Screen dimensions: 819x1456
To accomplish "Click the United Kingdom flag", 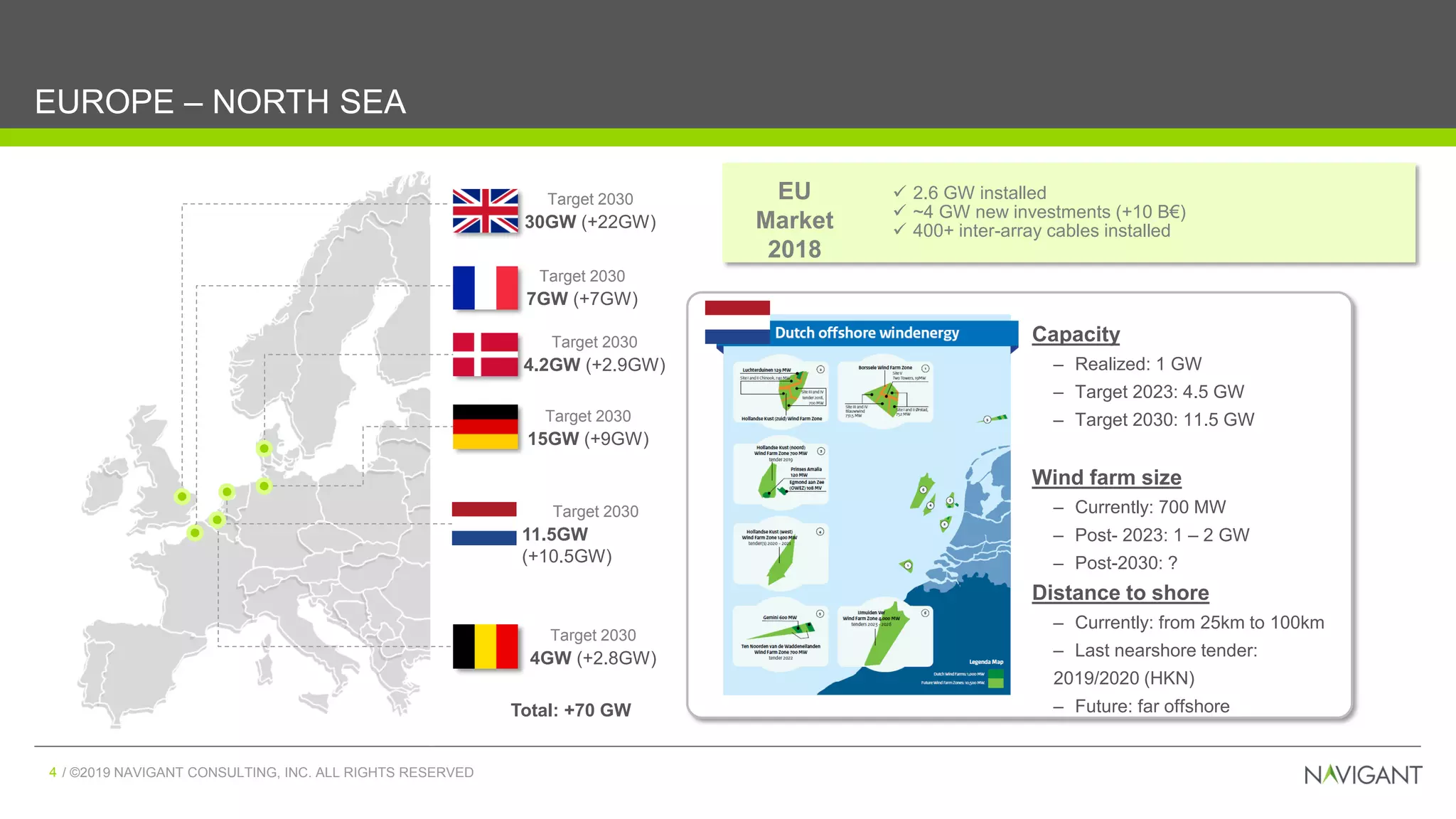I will pyautogui.click(x=486, y=211).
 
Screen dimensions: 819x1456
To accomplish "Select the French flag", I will pyautogui.click(x=486, y=288).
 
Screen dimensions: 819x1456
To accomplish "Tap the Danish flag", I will pyautogui.click(x=486, y=354).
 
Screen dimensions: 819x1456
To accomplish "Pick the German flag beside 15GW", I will pyautogui.click(x=486, y=427).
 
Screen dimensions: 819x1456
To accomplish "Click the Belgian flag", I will pyautogui.click(x=486, y=646).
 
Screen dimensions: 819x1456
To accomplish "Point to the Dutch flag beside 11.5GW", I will pyautogui.click(x=484, y=523).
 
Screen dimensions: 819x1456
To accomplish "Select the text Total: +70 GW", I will pyautogui.click(x=571, y=710).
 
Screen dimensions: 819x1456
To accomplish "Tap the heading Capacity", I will pyautogui.click(x=1076, y=334).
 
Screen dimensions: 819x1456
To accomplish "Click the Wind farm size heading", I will pyautogui.click(x=1106, y=478).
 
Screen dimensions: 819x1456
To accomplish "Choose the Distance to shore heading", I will pyautogui.click(x=1120, y=593).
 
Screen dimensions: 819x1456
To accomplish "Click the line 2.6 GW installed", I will pyautogui.click(x=979, y=193).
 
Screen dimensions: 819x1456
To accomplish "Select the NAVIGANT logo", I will pyautogui.click(x=1363, y=774).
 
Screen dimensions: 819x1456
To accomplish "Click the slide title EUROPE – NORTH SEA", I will pyautogui.click(x=220, y=102).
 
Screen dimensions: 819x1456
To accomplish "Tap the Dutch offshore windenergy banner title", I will pyautogui.click(x=867, y=333).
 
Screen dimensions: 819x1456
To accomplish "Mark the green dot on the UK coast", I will pyautogui.click(x=182, y=496).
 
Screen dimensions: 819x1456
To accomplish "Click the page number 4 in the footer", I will pyautogui.click(x=53, y=772).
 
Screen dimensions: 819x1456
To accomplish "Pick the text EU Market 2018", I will pyautogui.click(x=794, y=220).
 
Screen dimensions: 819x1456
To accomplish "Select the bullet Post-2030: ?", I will pyautogui.click(x=1125, y=563).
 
